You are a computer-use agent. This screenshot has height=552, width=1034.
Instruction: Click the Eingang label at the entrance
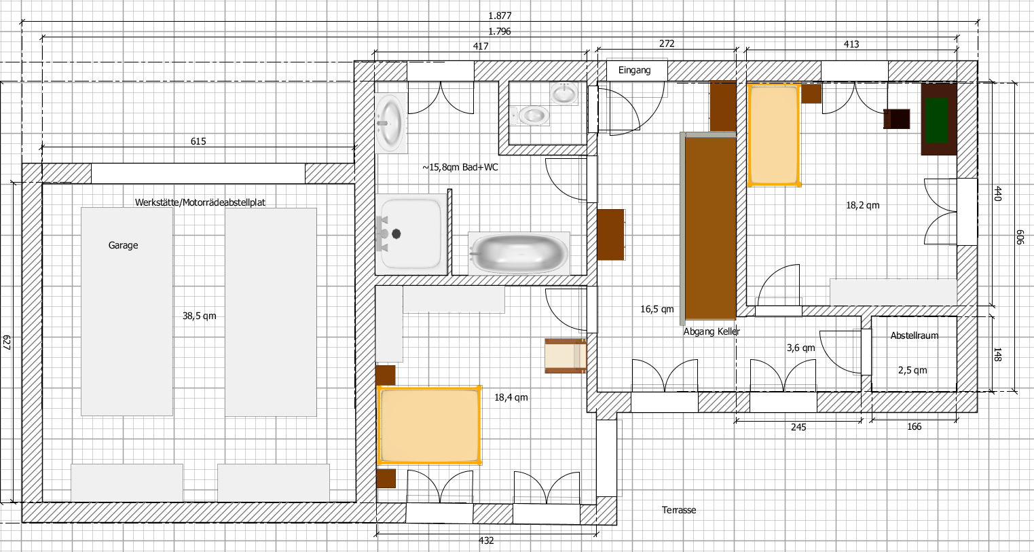pyautogui.click(x=634, y=70)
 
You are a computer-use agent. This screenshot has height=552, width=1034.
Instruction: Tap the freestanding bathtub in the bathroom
pyautogui.click(x=519, y=253)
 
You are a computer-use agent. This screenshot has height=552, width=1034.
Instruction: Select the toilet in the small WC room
pyautogui.click(x=530, y=115)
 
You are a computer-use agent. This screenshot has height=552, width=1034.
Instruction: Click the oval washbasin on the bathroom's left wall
pyautogui.click(x=391, y=123)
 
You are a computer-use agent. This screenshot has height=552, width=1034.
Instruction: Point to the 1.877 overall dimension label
pyautogui.click(x=500, y=16)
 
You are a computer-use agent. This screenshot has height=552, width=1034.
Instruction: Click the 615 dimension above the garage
pyautogui.click(x=198, y=141)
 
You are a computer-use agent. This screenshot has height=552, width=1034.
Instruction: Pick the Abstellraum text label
pyautogui.click(x=915, y=335)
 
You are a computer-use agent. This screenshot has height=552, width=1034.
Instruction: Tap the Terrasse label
pyautogui.click(x=678, y=510)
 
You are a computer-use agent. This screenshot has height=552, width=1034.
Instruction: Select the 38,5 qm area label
pyautogui.click(x=200, y=316)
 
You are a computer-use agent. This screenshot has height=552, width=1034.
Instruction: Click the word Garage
pyautogui.click(x=124, y=246)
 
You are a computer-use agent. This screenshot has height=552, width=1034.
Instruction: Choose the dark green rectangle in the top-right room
pyautogui.click(x=937, y=121)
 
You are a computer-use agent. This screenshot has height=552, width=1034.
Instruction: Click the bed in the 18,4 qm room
pyautogui.click(x=429, y=424)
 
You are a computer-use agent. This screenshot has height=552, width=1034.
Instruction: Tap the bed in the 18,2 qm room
pyautogui.click(x=774, y=134)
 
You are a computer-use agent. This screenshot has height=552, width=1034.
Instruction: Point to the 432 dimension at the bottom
pyautogui.click(x=487, y=540)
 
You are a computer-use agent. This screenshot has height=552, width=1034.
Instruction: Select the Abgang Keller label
pyautogui.click(x=712, y=331)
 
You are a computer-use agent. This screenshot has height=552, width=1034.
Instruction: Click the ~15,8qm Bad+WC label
pyautogui.click(x=460, y=167)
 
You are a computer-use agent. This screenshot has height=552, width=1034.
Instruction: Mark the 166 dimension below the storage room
pyautogui.click(x=915, y=426)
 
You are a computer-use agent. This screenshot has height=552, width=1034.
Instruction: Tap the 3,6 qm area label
pyautogui.click(x=801, y=348)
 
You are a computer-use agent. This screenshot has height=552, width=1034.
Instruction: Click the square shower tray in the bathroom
pyautogui.click(x=411, y=234)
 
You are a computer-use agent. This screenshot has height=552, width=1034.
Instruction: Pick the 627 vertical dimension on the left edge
pyautogui.click(x=7, y=342)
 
